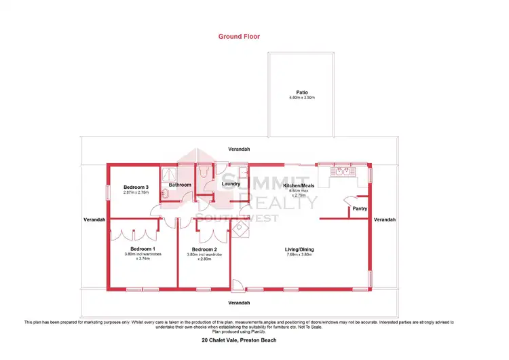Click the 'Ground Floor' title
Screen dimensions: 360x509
[x=239, y=37]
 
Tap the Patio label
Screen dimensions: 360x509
[x=302, y=92]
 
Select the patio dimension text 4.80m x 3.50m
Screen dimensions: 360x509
[x=302, y=98]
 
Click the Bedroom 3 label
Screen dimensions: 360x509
[x=136, y=187]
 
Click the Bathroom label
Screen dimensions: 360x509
[x=180, y=185]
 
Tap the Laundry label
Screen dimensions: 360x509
[x=232, y=183]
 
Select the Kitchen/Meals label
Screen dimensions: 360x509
[x=298, y=185]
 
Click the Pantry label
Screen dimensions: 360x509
[x=359, y=209]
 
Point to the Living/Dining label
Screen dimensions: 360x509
[x=299, y=249]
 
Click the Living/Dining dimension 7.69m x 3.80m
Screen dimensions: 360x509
[x=299, y=255]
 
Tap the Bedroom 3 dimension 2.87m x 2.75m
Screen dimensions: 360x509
[x=136, y=193]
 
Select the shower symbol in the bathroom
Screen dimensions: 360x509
[x=168, y=173]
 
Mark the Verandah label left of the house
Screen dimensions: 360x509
[x=94, y=220]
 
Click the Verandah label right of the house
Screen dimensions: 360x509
[x=384, y=220]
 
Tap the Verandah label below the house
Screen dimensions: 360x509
[x=239, y=302]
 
